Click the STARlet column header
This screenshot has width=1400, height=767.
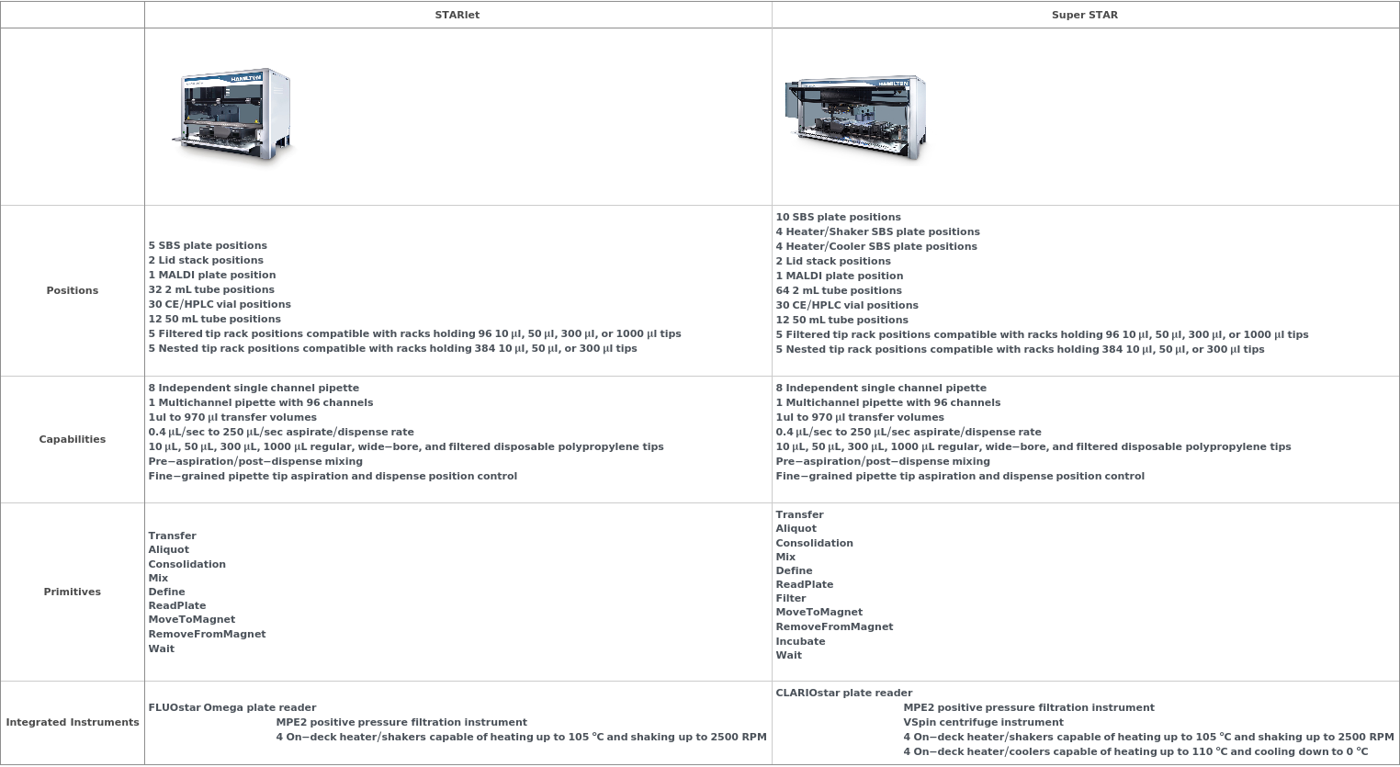tap(457, 15)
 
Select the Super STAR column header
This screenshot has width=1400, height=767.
tap(1084, 15)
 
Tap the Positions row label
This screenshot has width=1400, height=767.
tap(72, 290)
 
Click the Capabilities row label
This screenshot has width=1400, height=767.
tap(72, 439)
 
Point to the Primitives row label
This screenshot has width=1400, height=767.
tap(72, 592)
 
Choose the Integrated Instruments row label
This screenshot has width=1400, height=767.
tap(73, 722)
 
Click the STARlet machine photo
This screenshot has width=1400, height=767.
tap(231, 116)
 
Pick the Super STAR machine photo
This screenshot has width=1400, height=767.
tap(854, 118)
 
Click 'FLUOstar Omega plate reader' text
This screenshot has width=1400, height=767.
tap(231, 707)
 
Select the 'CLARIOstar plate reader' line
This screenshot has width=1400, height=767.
tap(843, 693)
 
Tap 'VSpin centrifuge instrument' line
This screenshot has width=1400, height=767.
tap(983, 722)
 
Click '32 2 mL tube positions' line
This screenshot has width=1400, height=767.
tap(210, 289)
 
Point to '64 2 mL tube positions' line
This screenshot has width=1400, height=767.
tap(838, 290)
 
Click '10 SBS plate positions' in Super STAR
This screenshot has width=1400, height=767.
tap(838, 217)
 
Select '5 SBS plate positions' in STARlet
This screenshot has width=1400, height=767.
tap(208, 245)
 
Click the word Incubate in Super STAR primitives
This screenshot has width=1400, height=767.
tap(800, 641)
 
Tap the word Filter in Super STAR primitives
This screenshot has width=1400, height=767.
tap(790, 598)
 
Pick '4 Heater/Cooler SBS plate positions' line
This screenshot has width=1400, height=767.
tap(875, 246)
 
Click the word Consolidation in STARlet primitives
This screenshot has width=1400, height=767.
tap(186, 564)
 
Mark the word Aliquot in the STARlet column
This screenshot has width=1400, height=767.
tap(168, 549)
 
